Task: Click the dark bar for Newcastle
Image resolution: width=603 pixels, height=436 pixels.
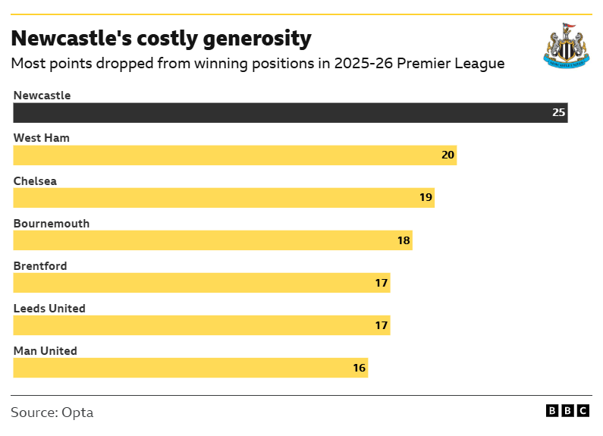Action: click(291, 113)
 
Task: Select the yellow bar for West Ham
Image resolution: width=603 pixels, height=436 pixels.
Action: click(234, 155)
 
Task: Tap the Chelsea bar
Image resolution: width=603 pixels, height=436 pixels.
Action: click(224, 198)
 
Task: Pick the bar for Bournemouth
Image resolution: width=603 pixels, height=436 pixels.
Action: click(212, 240)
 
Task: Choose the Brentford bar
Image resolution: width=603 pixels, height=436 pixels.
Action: click(201, 283)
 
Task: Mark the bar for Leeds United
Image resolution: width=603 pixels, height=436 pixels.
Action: click(201, 325)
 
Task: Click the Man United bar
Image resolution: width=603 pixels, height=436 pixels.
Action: click(190, 368)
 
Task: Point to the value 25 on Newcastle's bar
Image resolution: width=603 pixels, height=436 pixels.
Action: click(558, 113)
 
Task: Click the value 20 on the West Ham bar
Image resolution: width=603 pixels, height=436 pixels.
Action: click(448, 155)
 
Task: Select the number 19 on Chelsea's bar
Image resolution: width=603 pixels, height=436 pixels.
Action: click(426, 198)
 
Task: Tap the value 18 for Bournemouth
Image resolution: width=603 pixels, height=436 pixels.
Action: click(404, 240)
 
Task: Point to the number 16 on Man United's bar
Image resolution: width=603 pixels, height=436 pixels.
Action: click(359, 368)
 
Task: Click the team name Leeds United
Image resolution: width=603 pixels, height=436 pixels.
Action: click(49, 309)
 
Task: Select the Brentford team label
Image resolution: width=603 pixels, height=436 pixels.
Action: click(40, 266)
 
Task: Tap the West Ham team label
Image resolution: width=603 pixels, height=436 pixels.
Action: click(42, 138)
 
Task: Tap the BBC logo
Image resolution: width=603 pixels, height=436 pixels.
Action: click(567, 410)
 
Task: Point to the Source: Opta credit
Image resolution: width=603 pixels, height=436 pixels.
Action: click(52, 412)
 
